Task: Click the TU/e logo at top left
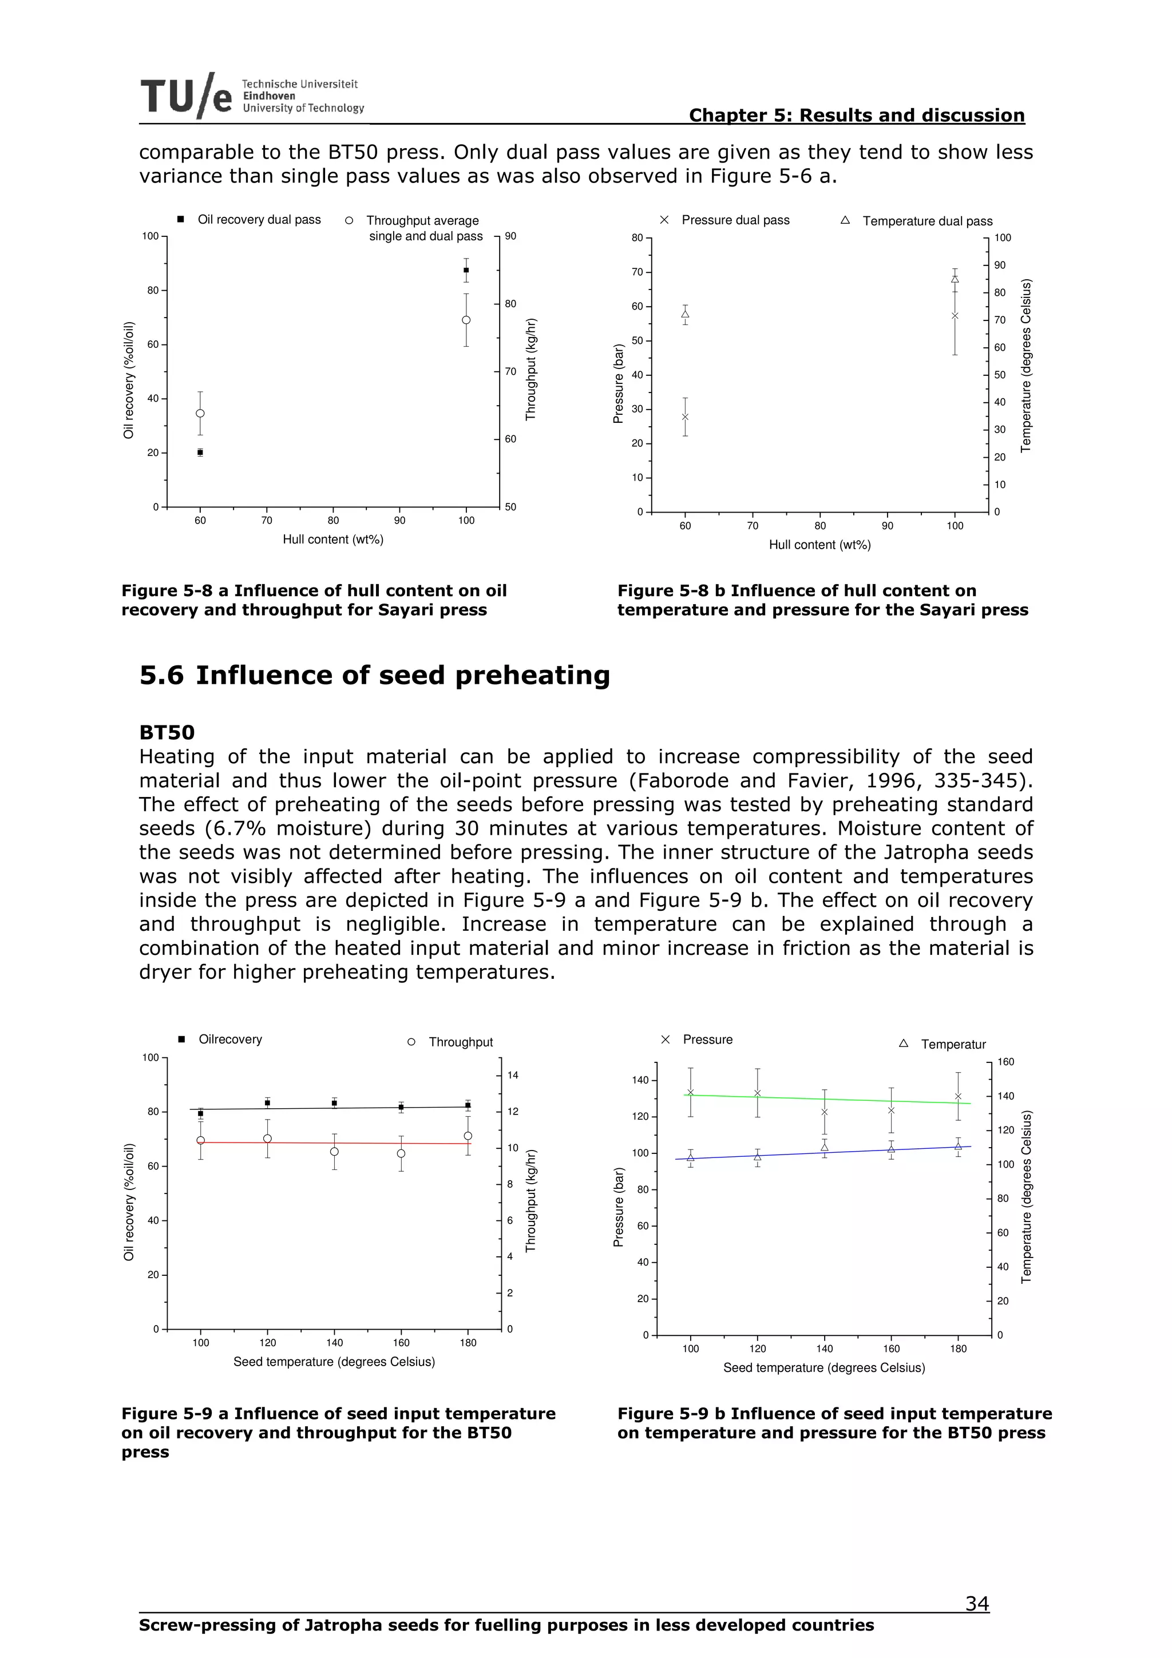pos(187,96)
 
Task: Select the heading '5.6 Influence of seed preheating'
pos(374,675)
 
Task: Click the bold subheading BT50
pos(167,732)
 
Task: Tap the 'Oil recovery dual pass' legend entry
pos(259,220)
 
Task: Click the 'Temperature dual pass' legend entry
pos(926,221)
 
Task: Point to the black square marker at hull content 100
pos(466,270)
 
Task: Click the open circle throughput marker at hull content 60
pos(200,413)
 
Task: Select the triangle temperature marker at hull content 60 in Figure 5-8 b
pos(684,314)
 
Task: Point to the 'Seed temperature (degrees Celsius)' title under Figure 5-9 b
pos(823,1368)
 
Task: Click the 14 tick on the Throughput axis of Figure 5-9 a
pos(513,1075)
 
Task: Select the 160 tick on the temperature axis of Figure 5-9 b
pos(1005,1061)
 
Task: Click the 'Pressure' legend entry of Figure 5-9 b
pos(707,1039)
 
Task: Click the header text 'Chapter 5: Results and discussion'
pos(857,115)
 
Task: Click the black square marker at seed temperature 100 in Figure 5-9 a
pos(200,1113)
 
